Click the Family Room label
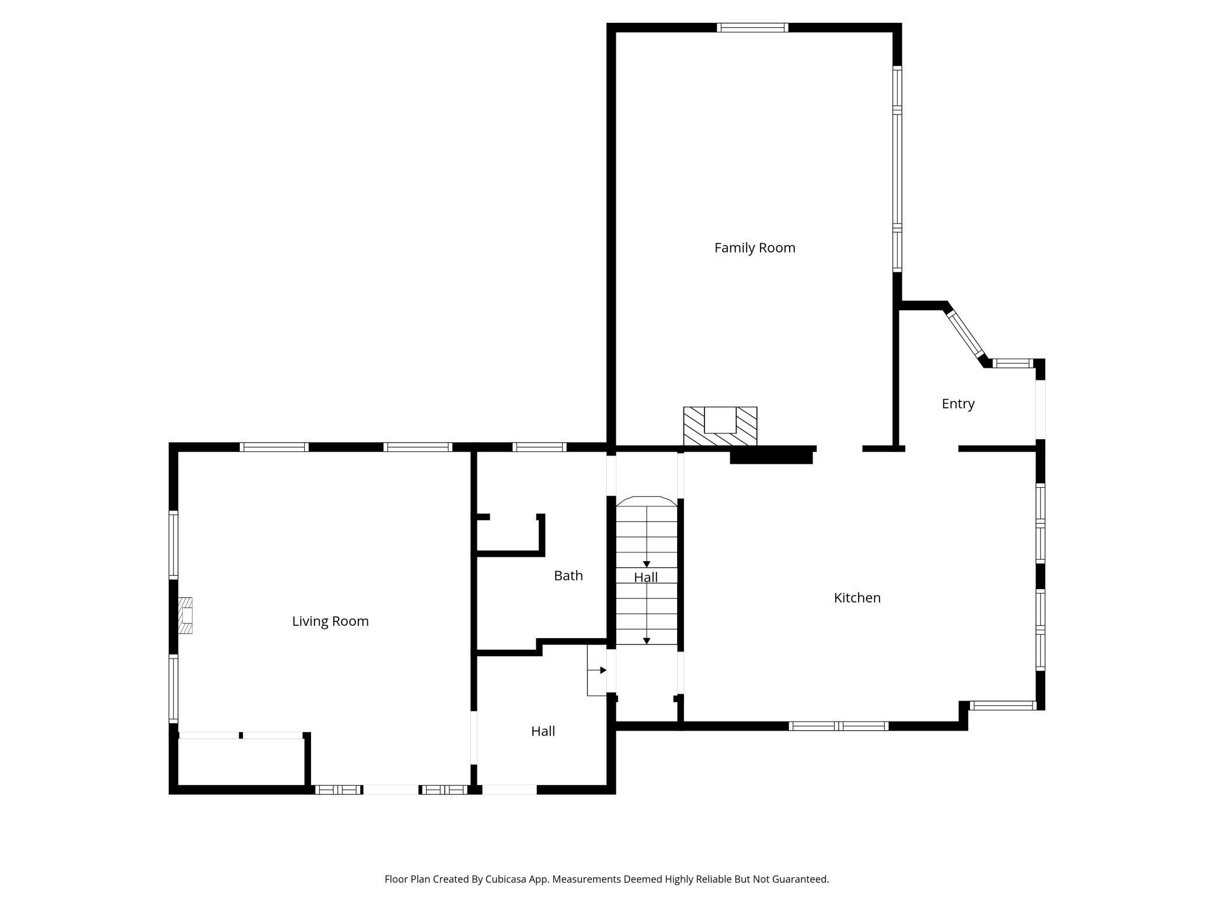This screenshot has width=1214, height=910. (755, 248)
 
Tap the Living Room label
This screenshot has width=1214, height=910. (330, 621)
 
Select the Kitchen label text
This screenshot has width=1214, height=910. (857, 598)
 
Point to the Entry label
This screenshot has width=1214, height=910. (958, 404)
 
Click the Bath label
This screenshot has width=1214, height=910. (568, 576)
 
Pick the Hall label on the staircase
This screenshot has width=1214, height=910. (646, 577)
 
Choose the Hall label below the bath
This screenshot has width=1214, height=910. (543, 731)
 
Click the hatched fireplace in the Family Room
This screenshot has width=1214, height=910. (720, 426)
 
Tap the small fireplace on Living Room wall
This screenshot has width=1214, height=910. (185, 615)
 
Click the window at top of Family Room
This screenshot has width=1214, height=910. (752, 27)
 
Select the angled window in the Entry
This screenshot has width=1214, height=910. (965, 334)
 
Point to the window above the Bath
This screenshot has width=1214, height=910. (539, 447)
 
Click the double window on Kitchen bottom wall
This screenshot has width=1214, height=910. (838, 726)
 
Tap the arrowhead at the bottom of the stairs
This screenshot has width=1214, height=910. (647, 641)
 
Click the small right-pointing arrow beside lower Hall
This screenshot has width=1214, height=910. (603, 670)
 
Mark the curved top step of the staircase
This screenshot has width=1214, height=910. (647, 501)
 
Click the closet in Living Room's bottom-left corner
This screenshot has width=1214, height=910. (240, 761)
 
